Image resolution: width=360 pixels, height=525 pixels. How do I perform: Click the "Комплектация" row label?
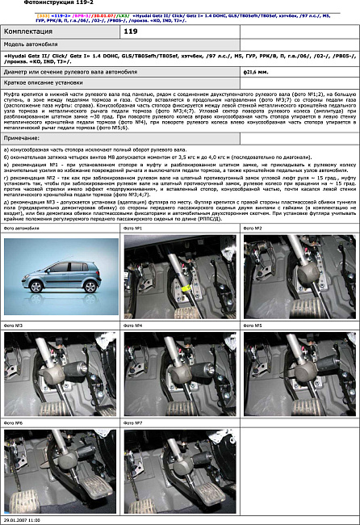click(x=27, y=31)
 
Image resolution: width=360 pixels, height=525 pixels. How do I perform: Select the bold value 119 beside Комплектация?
click(x=132, y=31)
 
